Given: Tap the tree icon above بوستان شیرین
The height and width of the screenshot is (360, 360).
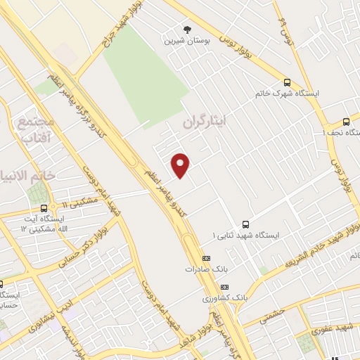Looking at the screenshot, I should coord(187,29).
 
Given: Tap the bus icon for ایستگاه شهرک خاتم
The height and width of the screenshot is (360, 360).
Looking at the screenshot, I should coord(286,81).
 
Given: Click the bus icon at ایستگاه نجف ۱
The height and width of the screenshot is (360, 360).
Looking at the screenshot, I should coord(345,121).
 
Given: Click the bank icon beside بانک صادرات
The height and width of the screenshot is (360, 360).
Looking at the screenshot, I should coord(205,258).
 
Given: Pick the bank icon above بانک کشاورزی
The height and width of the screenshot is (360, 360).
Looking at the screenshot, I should coord(224,287).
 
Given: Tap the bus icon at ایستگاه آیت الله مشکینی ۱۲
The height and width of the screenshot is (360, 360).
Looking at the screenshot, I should coord(44,207).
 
